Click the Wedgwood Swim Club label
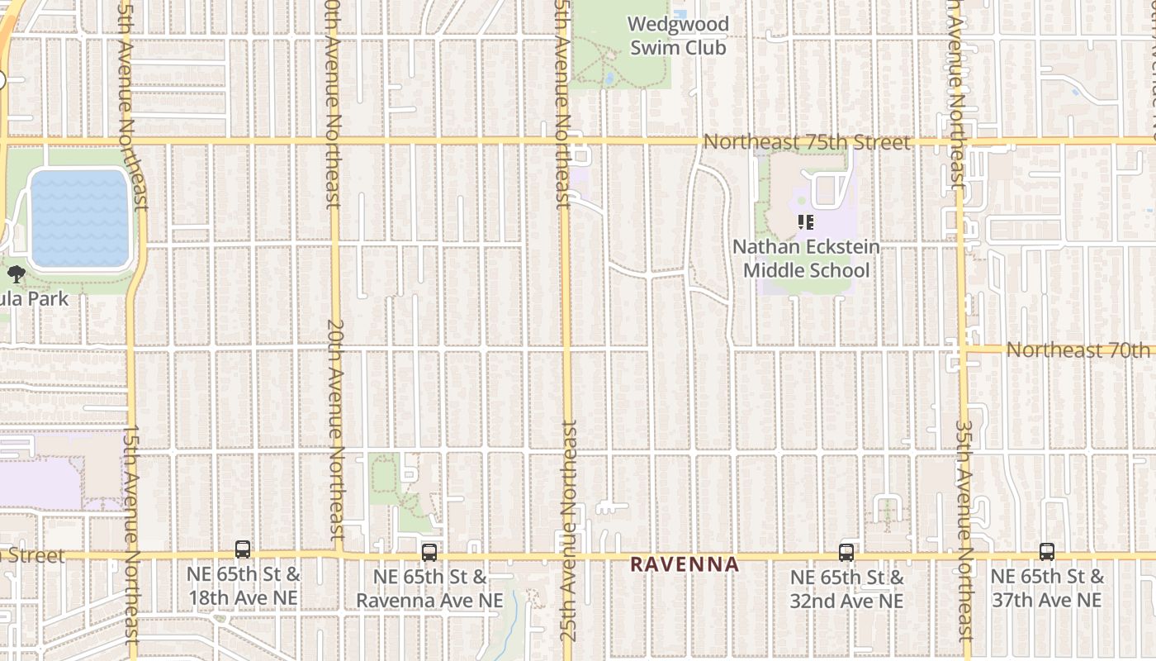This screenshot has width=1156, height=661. (x=679, y=36)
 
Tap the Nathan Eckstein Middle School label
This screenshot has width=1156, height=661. (x=806, y=259)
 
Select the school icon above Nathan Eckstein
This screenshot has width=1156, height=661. (x=805, y=222)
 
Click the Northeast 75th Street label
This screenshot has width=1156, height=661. (x=807, y=142)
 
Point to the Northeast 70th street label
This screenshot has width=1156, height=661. (x=1078, y=350)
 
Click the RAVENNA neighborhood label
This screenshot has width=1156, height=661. (x=685, y=564)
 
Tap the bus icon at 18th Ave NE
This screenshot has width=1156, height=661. (x=243, y=549)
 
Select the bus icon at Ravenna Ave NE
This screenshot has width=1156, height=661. (x=429, y=553)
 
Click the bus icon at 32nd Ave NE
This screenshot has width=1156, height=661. (x=846, y=553)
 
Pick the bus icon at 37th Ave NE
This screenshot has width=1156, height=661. (x=1047, y=552)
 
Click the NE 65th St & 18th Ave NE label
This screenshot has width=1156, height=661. (x=244, y=587)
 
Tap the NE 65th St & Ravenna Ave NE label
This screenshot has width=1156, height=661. (x=429, y=588)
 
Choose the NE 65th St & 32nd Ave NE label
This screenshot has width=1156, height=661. (x=847, y=589)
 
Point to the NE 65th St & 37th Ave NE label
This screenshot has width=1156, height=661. (x=1047, y=587)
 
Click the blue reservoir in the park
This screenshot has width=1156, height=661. (x=80, y=218)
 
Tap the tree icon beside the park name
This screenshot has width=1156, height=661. (x=16, y=274)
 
